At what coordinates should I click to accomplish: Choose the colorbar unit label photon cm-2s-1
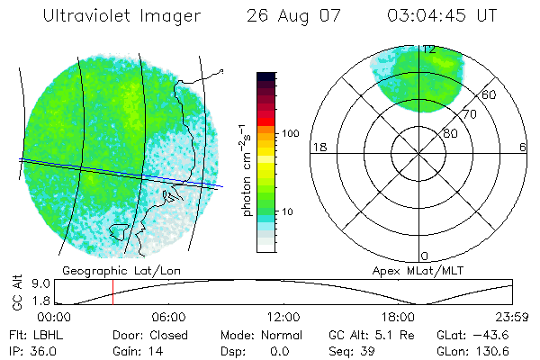[246, 171]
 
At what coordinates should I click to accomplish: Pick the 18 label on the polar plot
[318, 148]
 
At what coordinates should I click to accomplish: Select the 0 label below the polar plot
[425, 256]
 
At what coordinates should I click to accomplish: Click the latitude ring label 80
[449, 133]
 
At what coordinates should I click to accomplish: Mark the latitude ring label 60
[490, 94]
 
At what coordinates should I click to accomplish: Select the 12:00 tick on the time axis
[283, 317]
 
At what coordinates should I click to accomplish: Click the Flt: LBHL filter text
[33, 333]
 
